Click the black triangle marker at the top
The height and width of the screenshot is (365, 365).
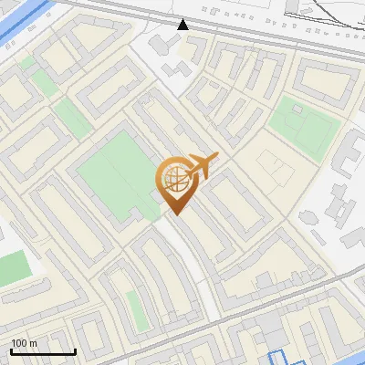tap(183, 25)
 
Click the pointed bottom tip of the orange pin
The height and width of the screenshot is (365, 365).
tap(174, 214)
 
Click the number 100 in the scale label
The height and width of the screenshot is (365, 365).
tap(19, 343)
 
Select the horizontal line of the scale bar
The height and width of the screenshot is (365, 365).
tap(43, 351)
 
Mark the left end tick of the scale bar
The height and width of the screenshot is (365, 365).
tap(12, 349)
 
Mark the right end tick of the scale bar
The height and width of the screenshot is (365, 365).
tap(75, 349)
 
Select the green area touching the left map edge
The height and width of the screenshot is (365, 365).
tap(11, 269)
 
